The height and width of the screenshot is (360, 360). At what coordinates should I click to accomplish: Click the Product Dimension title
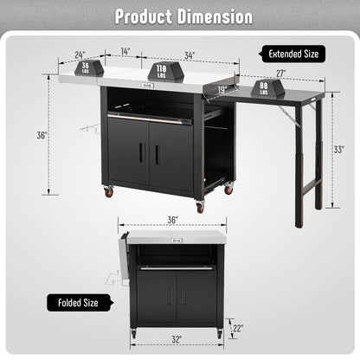click(x=180, y=16)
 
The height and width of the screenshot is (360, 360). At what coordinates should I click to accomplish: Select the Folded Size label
click(x=79, y=302)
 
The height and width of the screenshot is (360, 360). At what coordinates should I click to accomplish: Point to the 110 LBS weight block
click(x=162, y=71)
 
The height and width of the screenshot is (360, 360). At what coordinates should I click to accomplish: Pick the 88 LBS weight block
click(x=267, y=87)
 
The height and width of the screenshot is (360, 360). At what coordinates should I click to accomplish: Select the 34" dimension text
click(x=189, y=55)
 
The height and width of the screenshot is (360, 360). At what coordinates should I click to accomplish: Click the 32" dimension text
click(x=177, y=341)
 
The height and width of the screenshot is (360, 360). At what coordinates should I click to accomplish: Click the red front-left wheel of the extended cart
click(x=109, y=191)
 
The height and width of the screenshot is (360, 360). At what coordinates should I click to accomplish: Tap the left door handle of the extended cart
click(x=140, y=153)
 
